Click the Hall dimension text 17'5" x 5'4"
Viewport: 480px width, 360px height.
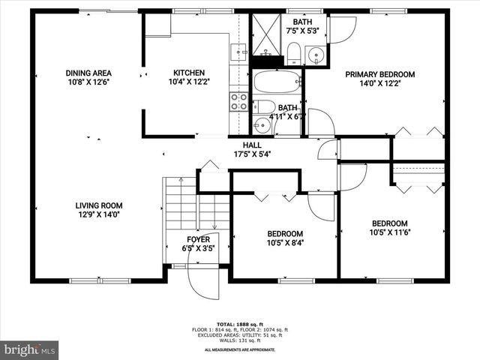(x=251, y=154)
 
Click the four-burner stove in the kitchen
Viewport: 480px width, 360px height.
(x=238, y=101)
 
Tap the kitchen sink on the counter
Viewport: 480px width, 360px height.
(x=238, y=52)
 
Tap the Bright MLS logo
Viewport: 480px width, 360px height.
(x=30, y=349)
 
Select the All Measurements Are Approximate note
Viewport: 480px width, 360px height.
(x=239, y=350)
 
